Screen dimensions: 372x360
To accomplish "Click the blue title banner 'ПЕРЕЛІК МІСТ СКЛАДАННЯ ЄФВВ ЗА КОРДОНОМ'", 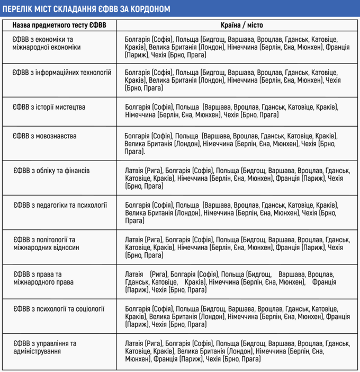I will click(x=180, y=10).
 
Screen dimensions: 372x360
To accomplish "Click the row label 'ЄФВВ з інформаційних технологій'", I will click(x=62, y=73).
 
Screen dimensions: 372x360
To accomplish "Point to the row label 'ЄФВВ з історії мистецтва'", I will click(x=49, y=107).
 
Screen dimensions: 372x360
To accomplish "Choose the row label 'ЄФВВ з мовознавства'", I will click(x=45, y=136).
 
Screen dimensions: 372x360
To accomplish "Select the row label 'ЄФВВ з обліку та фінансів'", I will click(x=51, y=171).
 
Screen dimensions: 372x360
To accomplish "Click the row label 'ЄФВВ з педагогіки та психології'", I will click(x=60, y=205).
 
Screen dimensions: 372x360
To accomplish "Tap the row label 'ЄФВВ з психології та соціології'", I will click(x=59, y=308).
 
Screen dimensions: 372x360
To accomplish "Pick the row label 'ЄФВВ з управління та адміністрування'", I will click(x=45, y=347).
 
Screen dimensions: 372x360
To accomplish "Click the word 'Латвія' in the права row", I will click(x=134, y=274).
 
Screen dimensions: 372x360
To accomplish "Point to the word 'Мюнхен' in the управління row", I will click(x=136, y=359).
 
